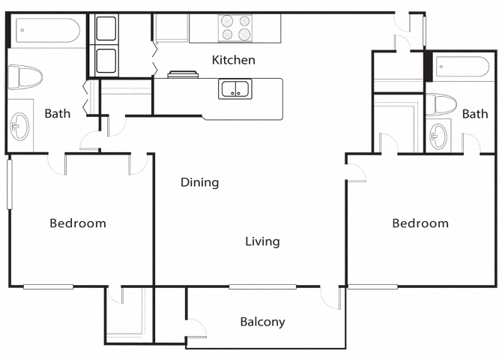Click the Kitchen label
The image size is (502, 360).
click(233, 60)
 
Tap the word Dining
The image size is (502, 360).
click(199, 182)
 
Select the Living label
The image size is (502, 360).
click(262, 241)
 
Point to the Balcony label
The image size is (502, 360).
click(262, 322)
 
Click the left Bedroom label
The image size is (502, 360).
click(78, 223)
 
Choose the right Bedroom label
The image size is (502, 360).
click(420, 223)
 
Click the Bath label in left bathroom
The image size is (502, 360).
click(58, 114)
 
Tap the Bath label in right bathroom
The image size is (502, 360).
click(474, 114)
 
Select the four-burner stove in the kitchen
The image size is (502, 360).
click(235, 28)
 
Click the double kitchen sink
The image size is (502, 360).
click(235, 89)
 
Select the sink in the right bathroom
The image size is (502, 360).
click(438, 135)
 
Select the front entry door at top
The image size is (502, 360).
click(410, 22)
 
